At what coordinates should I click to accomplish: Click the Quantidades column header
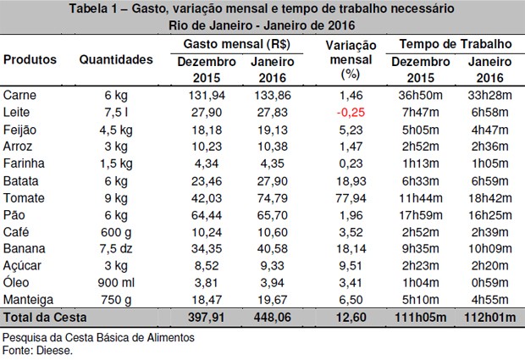click(x=116, y=60)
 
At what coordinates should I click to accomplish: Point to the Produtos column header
click(x=30, y=60)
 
